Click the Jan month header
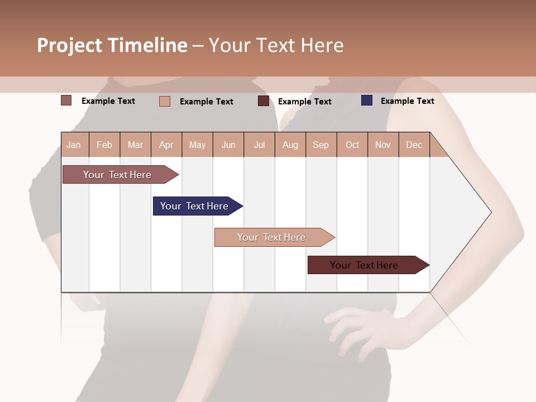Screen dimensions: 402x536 coord(74,145)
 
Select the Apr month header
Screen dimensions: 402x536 coord(166,145)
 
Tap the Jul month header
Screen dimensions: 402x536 coord(259,145)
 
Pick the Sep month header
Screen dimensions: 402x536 coord(320,145)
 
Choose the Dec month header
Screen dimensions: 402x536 coord(414,145)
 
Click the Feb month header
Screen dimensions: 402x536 coord(104,145)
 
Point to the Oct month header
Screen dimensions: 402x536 coord(352,145)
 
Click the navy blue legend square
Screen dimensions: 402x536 coord(367,100)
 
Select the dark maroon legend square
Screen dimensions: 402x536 coord(264,101)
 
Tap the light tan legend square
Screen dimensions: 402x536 coord(165,101)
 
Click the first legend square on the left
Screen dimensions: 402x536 coord(66,100)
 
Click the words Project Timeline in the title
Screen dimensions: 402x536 coord(112,45)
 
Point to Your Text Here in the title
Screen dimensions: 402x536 coord(276,45)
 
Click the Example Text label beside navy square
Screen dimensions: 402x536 coord(407,101)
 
